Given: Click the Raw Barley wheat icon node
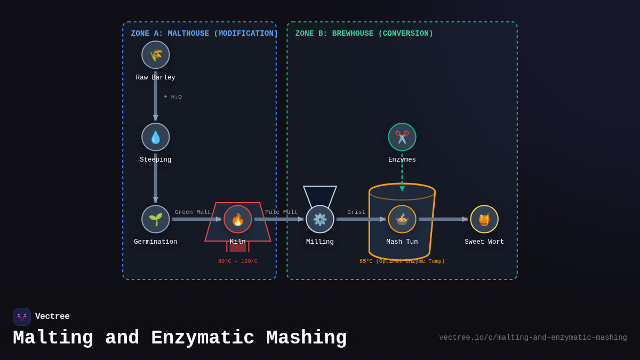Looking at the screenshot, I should [156, 55].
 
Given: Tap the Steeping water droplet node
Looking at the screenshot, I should [156, 137].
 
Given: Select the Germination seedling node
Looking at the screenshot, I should [156, 219].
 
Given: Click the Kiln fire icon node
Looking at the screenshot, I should [238, 219].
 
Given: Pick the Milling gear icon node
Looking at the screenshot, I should [320, 219].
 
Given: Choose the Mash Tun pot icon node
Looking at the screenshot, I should [402, 219].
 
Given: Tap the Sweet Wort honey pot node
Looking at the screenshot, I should [484, 219].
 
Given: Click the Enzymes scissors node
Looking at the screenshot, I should [402, 137].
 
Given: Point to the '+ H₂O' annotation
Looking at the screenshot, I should [173, 97].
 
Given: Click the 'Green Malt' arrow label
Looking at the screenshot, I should [193, 212].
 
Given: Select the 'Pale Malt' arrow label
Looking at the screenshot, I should [281, 212].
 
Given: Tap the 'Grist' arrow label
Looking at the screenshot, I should [356, 212].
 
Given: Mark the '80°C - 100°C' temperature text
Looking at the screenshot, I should [238, 261].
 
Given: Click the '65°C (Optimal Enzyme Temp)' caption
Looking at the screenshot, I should [402, 261].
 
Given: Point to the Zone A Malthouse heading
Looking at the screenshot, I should [204, 34].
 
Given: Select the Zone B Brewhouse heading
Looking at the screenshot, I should [364, 34].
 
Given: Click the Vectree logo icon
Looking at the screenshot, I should [22, 317].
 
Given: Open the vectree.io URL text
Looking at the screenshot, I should [533, 338].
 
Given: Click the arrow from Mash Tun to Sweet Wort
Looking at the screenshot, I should [443, 219].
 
